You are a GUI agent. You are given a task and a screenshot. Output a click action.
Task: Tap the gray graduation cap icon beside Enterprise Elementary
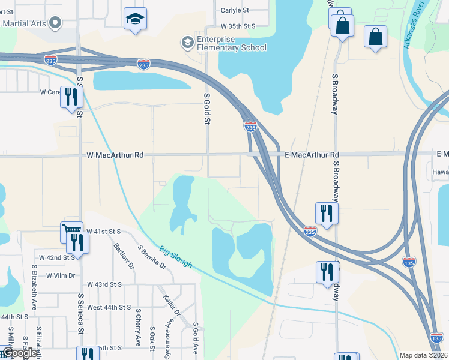(187, 42)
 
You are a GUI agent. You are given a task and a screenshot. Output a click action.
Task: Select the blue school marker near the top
(136, 19)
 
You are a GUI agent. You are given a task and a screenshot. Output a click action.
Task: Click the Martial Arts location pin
(55, 23)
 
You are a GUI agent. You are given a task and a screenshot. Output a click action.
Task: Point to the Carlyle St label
(235, 10)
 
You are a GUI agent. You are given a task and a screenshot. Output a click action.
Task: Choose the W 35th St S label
(238, 26)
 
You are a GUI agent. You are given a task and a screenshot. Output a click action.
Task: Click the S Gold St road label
(207, 109)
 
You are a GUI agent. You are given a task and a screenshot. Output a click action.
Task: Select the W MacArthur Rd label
(115, 155)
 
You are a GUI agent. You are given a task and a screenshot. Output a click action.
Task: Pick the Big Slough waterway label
(176, 256)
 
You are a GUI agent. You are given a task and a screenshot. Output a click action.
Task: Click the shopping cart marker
(71, 230)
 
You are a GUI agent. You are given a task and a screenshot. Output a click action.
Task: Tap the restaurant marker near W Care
(71, 97)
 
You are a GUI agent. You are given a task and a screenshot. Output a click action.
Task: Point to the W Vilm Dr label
(60, 275)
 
